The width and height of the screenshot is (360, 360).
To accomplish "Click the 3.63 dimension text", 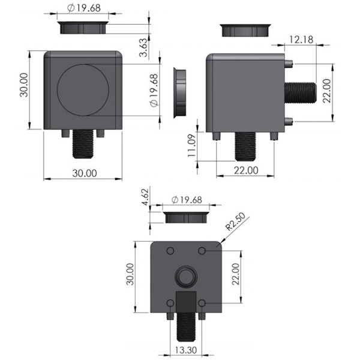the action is click(x=143, y=47).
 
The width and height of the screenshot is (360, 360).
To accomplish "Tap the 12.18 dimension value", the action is click(x=301, y=40).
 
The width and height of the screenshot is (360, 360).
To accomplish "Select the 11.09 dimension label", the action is click(x=192, y=146).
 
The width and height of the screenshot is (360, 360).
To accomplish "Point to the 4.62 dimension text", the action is click(x=145, y=197).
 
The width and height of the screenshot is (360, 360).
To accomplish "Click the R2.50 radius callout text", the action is click(x=235, y=221).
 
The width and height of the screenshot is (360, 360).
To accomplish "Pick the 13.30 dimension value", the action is click(x=186, y=350).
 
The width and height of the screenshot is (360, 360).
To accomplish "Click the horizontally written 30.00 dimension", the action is click(x=85, y=173).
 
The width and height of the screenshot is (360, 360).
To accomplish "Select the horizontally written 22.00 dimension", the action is click(x=246, y=170).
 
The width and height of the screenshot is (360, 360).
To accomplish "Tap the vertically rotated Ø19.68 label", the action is click(x=154, y=90).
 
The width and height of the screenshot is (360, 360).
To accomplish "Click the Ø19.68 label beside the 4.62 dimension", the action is click(x=187, y=200).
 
